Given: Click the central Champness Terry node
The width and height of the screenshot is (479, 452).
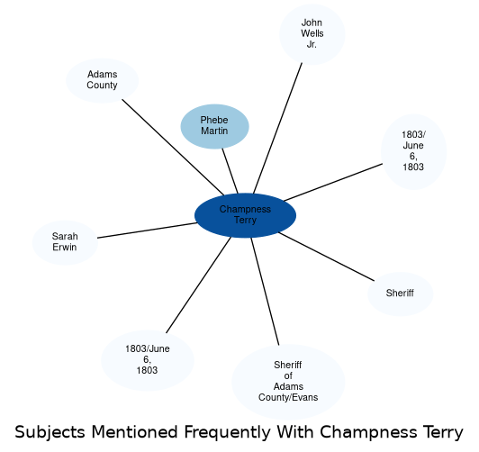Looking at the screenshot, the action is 245,215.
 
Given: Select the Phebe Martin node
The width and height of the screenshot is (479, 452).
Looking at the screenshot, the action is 214,126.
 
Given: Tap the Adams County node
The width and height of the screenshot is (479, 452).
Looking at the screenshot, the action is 102,80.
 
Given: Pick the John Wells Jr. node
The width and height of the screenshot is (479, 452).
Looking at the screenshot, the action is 312,34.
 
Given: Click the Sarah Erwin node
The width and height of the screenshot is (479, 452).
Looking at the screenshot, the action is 65,242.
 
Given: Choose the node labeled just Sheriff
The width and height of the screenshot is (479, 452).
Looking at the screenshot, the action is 400,294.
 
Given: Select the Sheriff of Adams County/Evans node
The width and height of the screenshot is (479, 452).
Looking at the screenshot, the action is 288,382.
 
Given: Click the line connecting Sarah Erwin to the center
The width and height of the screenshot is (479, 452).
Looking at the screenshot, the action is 148,231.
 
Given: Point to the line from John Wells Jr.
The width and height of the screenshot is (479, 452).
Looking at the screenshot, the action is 277,128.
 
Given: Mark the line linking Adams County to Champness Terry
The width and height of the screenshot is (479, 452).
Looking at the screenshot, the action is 173,147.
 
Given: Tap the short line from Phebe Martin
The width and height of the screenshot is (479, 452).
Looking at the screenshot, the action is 230,171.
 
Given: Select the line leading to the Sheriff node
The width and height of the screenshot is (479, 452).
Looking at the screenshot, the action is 326,257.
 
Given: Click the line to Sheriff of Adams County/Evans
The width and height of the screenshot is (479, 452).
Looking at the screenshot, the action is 265,292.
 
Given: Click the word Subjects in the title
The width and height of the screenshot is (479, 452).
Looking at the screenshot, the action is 50,433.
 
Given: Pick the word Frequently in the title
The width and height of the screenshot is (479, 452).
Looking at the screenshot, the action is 227,433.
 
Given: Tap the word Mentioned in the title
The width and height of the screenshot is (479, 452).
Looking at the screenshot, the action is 134,432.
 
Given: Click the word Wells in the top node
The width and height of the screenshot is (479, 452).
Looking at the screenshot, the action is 312,33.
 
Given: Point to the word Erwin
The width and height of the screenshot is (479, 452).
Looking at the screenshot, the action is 65,247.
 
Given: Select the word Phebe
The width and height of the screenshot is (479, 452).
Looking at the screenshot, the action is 214,120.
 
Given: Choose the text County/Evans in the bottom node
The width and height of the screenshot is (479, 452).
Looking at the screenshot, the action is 288,397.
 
